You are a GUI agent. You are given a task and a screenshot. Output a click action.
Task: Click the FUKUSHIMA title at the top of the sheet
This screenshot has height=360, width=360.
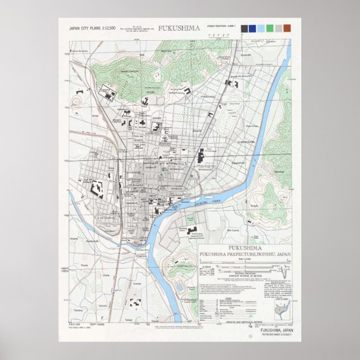(176, 28)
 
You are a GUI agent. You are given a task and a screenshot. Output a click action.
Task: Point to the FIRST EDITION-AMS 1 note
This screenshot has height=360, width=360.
(221, 27)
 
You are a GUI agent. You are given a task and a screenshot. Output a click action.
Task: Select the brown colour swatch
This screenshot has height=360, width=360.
(287, 28)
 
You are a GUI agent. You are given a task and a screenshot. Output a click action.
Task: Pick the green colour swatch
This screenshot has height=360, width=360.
(270, 28)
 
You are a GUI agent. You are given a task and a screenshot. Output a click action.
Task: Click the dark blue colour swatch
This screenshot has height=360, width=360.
(253, 28)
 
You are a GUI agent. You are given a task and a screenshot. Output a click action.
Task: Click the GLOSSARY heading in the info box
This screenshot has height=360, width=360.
(207, 267)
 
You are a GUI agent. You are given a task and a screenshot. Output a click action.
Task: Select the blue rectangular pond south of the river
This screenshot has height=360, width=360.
(180, 288)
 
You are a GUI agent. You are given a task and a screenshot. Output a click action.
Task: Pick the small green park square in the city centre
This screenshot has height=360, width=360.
(161, 175)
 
